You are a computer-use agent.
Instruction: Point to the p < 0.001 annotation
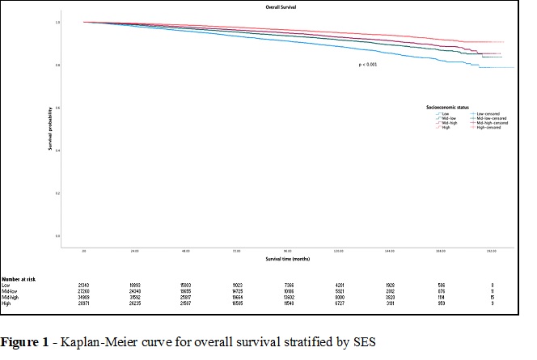pyautogui.click(x=368, y=63)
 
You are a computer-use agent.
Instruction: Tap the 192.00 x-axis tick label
pyautogui.click(x=494, y=252)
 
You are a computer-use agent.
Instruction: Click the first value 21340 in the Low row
pyautogui.click(x=84, y=285)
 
